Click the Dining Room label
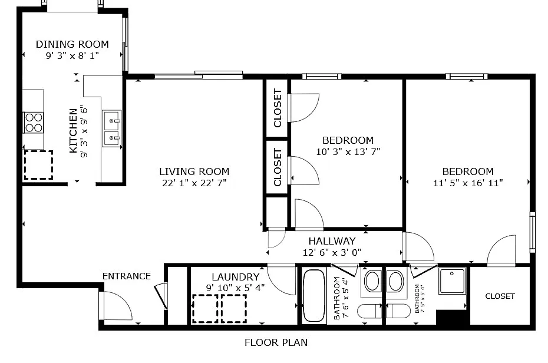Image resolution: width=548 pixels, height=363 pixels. tap(72, 44)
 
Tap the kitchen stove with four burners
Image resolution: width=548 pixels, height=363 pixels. tap(34, 122)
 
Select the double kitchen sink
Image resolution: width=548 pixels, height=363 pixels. tap(111, 129)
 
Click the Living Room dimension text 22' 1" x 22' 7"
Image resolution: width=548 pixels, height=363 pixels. tap(194, 183)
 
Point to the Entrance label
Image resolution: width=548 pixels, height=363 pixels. tap(126, 276)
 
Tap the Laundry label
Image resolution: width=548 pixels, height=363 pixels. tap(235, 277)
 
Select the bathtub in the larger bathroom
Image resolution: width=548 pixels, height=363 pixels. tap(313, 296)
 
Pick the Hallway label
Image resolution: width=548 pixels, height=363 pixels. tap(332, 241)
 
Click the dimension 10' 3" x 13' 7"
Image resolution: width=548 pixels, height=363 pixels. tap(348, 151)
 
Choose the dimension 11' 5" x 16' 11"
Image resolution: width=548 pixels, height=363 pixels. tap(467, 183)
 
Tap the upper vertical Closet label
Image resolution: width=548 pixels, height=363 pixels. tap(278, 108)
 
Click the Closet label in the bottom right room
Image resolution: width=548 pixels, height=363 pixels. tap(500, 296)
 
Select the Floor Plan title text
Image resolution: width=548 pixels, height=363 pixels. tap(276, 342)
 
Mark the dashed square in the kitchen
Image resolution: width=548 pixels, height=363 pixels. tap(38, 165)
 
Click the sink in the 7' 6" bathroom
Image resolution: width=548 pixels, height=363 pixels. tap(372, 281)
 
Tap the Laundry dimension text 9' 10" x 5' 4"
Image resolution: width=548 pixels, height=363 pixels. tap(235, 288)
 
